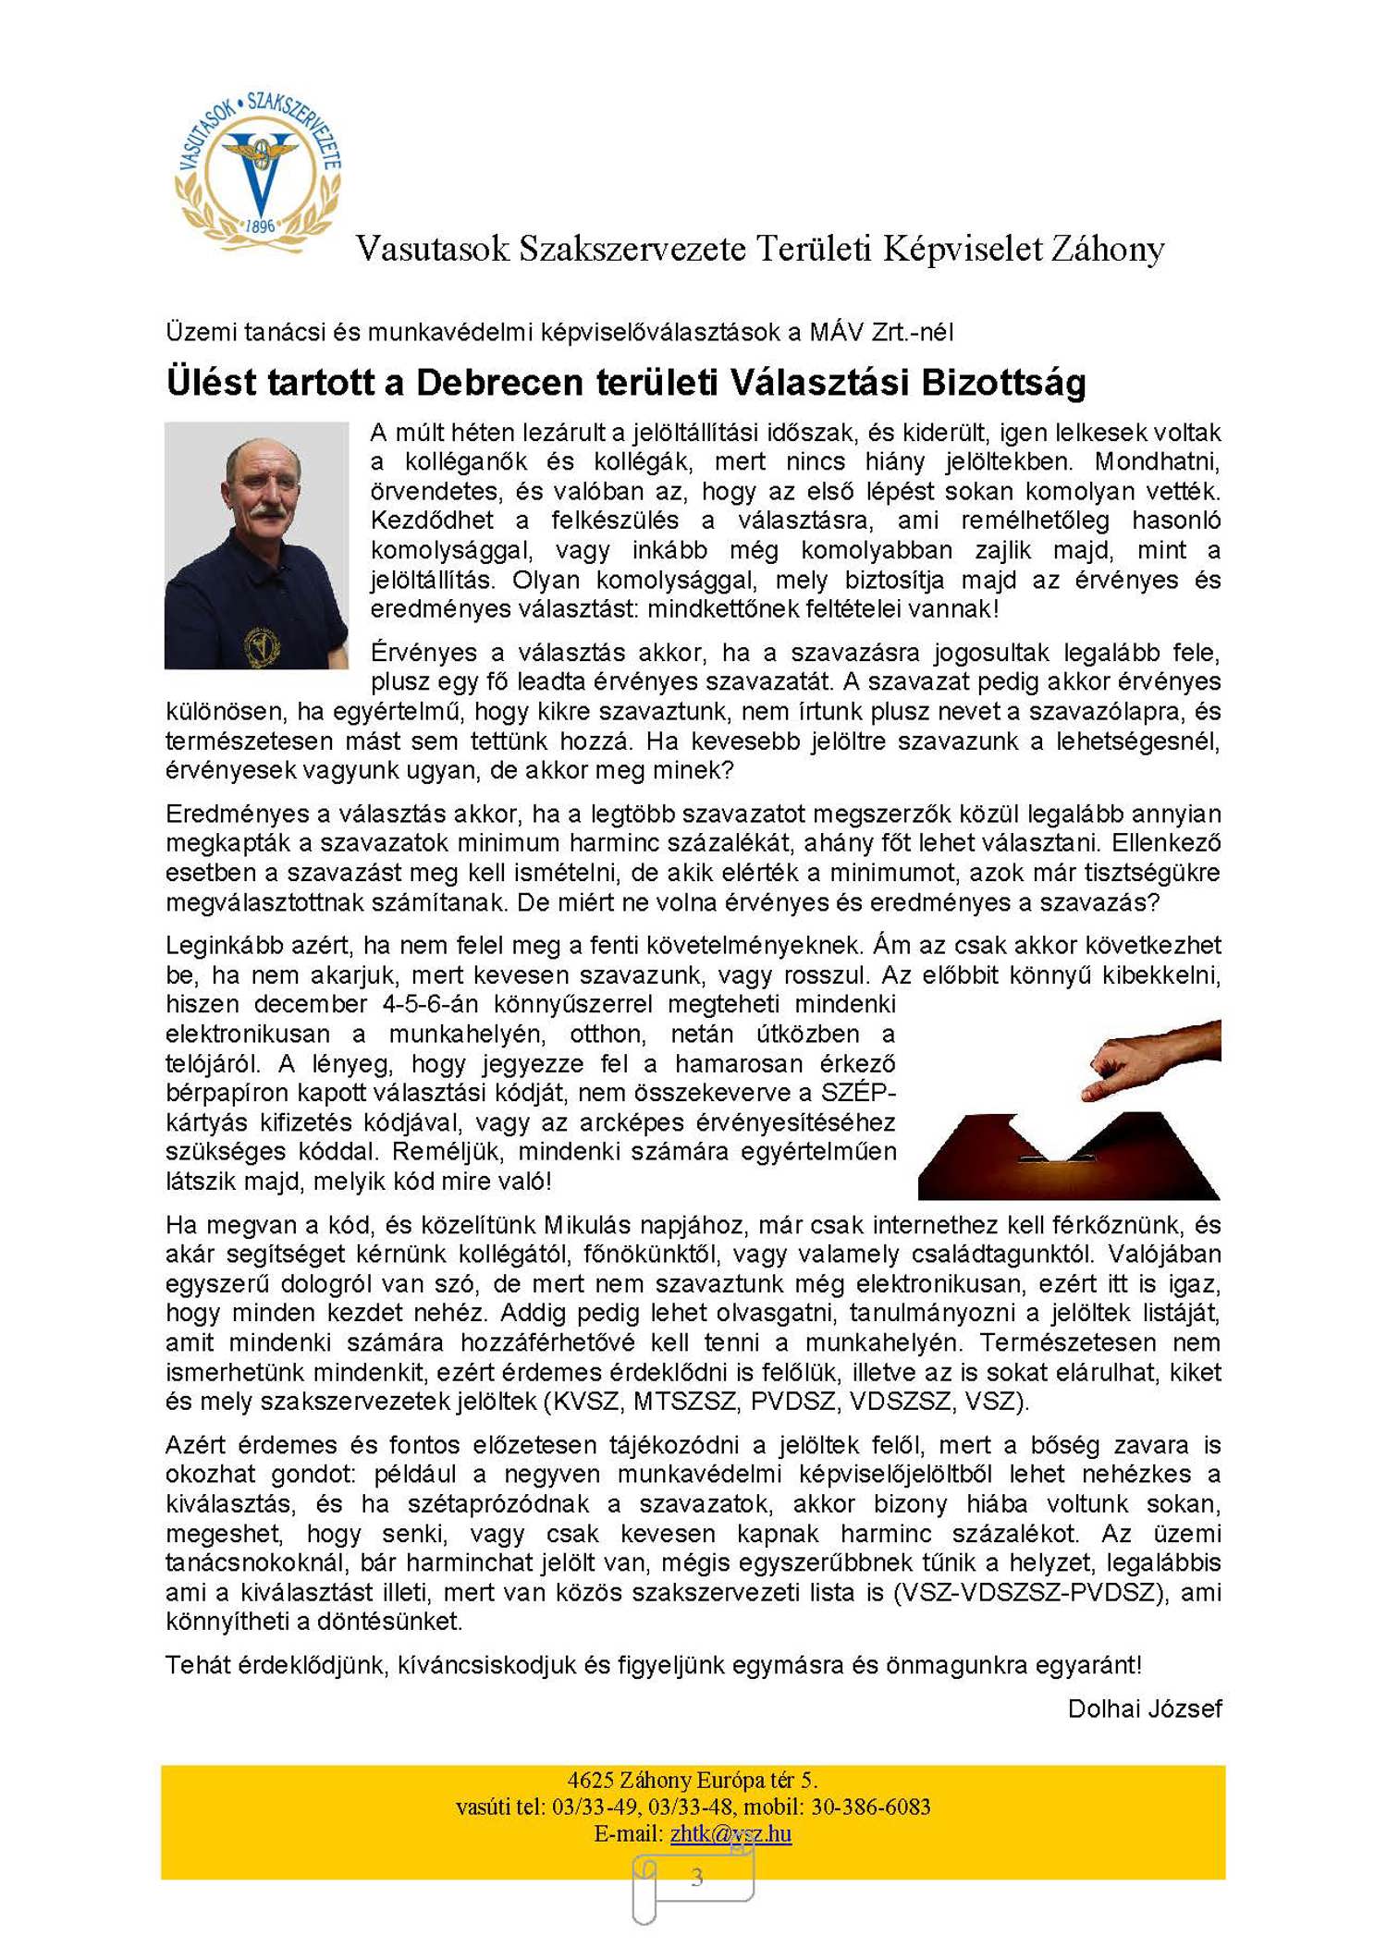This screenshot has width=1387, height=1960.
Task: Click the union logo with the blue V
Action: [259, 171]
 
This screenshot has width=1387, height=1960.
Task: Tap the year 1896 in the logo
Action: [261, 227]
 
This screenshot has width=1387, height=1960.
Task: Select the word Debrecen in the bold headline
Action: [500, 383]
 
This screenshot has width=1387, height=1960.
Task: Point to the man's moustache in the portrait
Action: [267, 509]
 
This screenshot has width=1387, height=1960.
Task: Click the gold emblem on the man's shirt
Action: [263, 645]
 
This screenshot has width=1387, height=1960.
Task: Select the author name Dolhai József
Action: [1144, 1709]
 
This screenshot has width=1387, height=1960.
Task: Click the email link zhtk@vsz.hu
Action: [730, 1833]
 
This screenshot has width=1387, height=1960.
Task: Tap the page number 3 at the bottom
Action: [696, 1877]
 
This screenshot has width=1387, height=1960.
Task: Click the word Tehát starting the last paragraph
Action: [198, 1665]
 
